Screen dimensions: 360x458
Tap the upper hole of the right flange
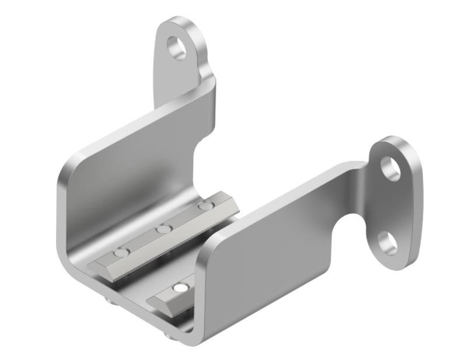point(390,168)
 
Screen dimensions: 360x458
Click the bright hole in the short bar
point(181,288)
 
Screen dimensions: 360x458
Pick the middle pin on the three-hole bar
point(164,229)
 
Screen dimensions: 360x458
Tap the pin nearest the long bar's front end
point(121,253)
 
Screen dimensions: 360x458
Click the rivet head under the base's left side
point(110,299)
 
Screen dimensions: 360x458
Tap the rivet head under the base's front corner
point(169,335)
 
